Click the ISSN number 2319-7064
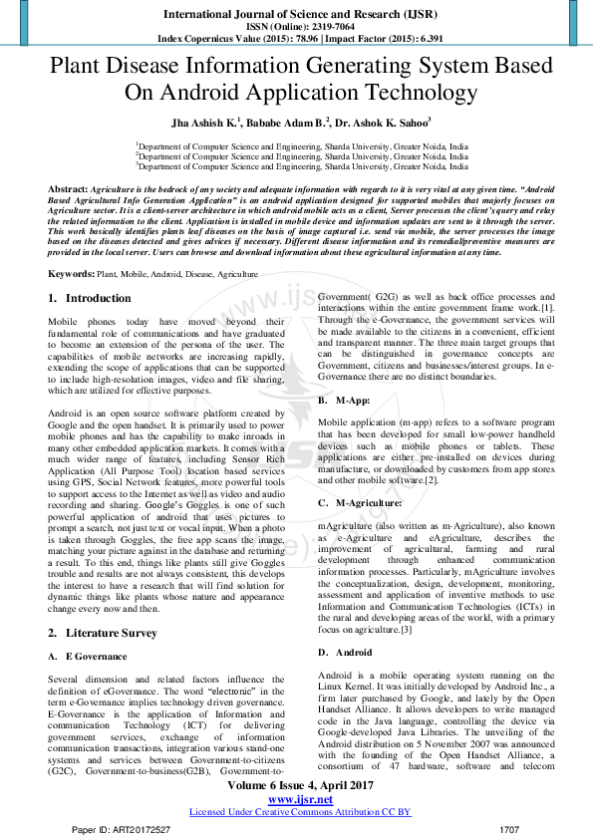click(326, 26)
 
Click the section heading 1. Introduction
click(90, 298)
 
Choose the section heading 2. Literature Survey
click(103, 634)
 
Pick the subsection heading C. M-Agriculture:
click(360, 503)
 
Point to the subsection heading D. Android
click(345, 652)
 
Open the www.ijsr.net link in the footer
click(299, 799)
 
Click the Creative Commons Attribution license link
click(300, 812)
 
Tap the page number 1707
click(508, 829)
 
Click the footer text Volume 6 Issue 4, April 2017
click(300, 785)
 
